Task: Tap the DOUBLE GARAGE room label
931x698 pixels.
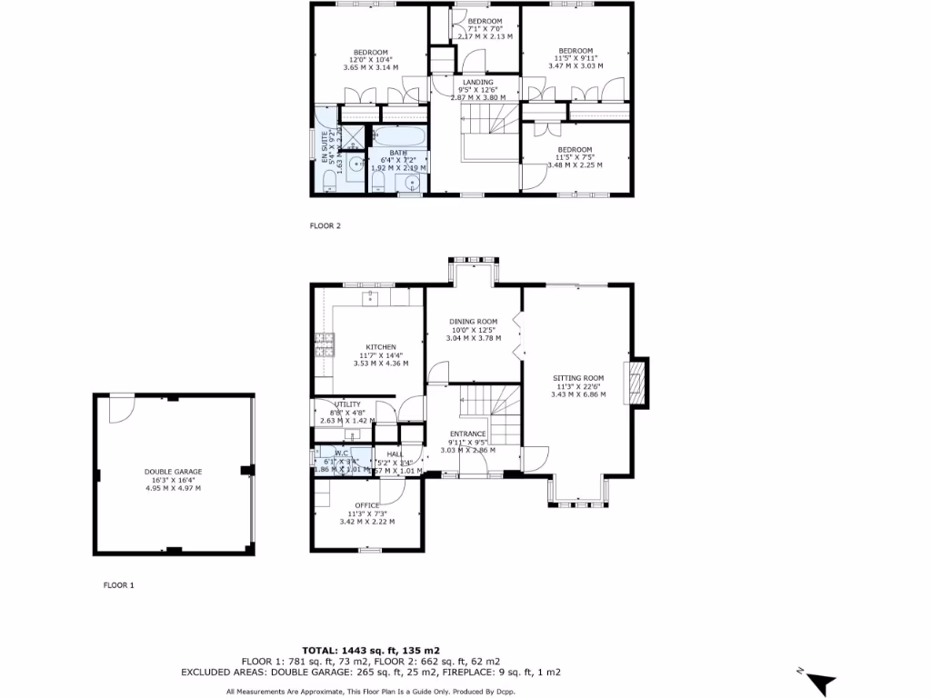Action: click(x=173, y=472)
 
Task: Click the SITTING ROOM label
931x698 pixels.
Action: click(x=579, y=378)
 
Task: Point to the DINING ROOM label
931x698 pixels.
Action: click(x=473, y=322)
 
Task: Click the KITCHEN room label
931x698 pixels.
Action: click(x=380, y=347)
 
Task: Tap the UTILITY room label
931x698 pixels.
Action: click(x=348, y=404)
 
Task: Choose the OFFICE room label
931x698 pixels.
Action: click(x=366, y=505)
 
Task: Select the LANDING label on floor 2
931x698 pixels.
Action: click(x=477, y=83)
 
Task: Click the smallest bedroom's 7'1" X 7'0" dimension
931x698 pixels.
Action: click(x=485, y=29)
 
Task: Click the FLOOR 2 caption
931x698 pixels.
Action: click(x=325, y=226)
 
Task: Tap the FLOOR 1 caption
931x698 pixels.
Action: click(x=118, y=586)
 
